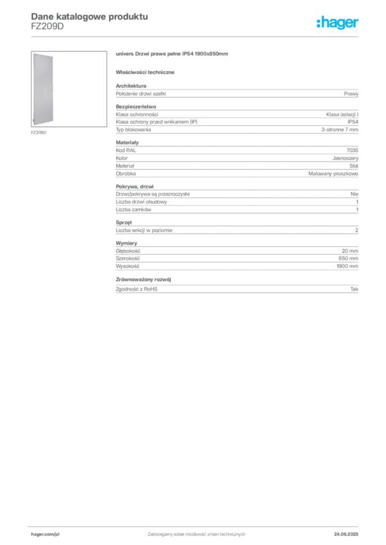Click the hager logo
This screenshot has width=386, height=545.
point(337,22)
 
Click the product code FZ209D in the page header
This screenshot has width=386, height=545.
point(47,27)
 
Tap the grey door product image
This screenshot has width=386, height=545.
point(43,89)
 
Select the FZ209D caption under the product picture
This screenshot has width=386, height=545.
point(38,133)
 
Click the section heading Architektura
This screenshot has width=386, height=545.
point(131,86)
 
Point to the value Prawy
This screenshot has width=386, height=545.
point(351,94)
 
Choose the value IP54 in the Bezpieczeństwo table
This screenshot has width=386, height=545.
point(352,122)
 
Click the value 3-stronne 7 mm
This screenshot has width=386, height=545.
point(340,130)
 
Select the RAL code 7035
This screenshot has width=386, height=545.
point(352,150)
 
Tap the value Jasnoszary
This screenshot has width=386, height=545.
point(345,158)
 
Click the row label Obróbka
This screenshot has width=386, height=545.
point(126,174)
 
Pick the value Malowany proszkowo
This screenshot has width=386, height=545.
point(333,174)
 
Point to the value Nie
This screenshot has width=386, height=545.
point(355,194)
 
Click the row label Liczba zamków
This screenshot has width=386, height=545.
point(133,210)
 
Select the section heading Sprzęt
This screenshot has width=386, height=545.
point(124,222)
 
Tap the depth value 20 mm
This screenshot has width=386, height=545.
point(350,251)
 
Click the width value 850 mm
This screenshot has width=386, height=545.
point(348,259)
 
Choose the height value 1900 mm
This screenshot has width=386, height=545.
point(348,266)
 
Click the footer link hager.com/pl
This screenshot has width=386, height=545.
point(45,534)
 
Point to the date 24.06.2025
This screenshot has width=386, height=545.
point(346,534)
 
